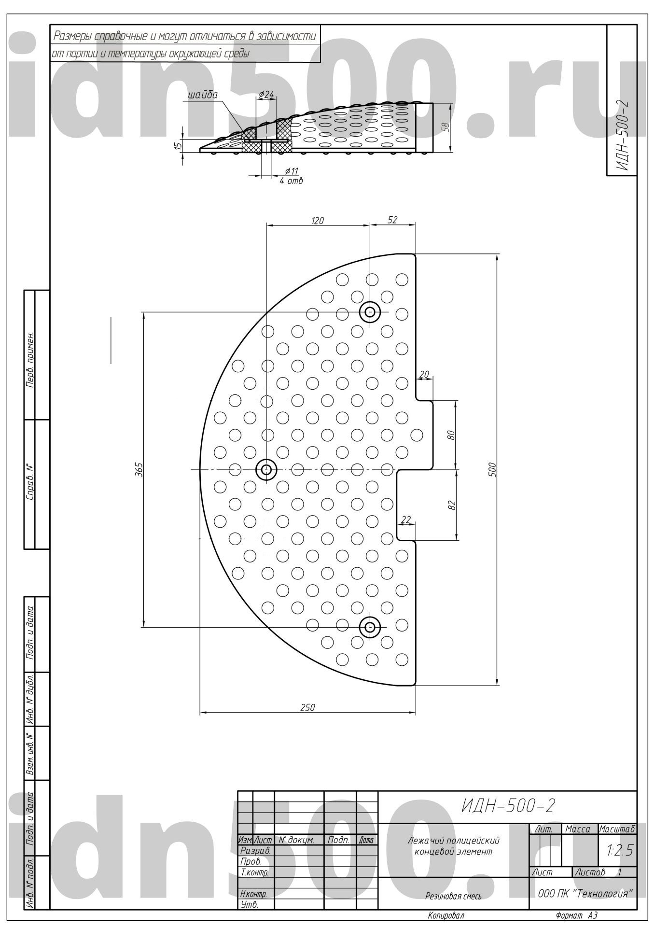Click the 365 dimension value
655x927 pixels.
(x=137, y=468)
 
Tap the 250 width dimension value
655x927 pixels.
(x=307, y=707)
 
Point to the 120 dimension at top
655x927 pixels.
(x=317, y=221)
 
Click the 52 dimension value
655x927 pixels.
(x=392, y=220)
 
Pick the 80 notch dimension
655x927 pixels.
(x=451, y=435)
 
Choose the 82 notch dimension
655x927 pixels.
(x=451, y=505)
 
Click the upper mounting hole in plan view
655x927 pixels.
(x=370, y=312)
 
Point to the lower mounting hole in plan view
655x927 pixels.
(x=370, y=627)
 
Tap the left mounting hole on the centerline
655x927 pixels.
(x=266, y=469)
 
